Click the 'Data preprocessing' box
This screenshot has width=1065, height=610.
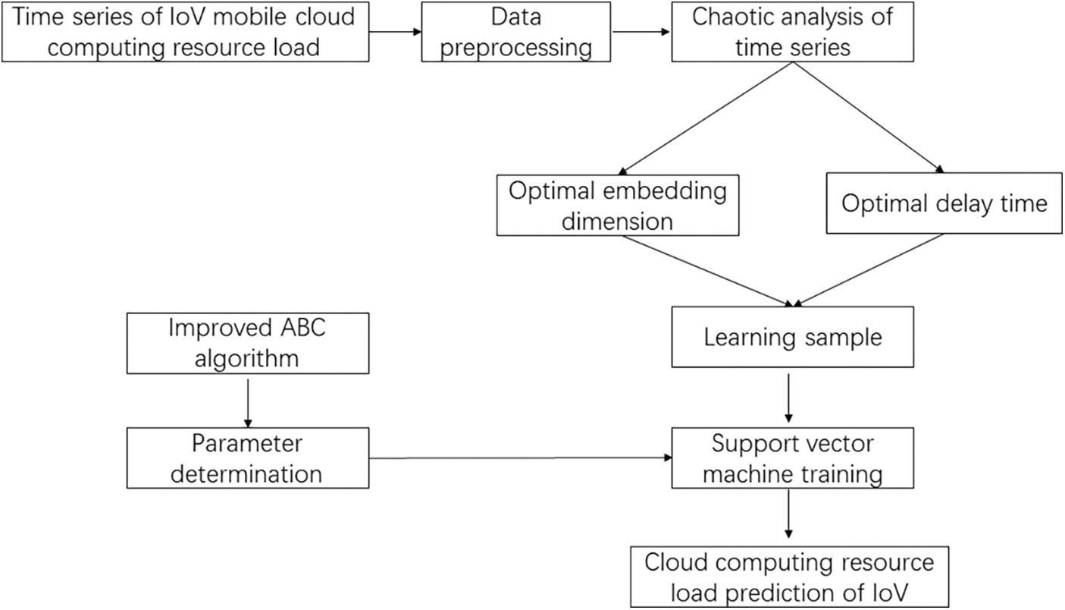tap(516, 32)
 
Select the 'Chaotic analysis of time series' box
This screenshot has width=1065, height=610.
tap(792, 32)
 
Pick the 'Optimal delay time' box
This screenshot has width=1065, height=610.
tap(944, 203)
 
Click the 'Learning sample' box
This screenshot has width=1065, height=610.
tap(792, 337)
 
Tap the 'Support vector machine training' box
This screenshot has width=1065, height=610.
tap(792, 458)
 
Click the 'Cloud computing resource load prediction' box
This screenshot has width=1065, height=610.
tap(789, 577)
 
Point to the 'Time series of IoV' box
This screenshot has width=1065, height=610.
tap(186, 32)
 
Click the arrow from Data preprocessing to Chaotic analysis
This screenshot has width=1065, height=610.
tap(641, 33)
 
